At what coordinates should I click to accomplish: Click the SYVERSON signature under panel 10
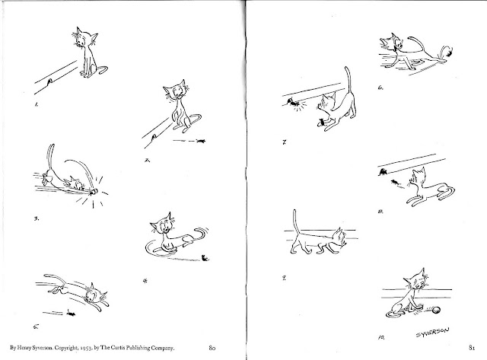[432, 333]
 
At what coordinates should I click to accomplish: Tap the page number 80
[212, 348]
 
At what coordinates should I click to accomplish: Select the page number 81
[472, 348]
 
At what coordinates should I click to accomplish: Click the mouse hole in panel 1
[49, 82]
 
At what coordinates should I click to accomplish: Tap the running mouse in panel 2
[201, 142]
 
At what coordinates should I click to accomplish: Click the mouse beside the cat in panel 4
[205, 257]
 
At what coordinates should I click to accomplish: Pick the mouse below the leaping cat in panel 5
[71, 314]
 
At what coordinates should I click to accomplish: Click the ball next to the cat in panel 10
[437, 311]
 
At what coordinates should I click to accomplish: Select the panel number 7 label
[284, 142]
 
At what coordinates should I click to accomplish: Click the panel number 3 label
[37, 218]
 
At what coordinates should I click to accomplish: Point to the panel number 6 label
[380, 88]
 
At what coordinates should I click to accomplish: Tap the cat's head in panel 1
[84, 37]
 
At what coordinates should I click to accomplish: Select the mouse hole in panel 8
[382, 171]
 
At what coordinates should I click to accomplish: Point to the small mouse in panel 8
[395, 182]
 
